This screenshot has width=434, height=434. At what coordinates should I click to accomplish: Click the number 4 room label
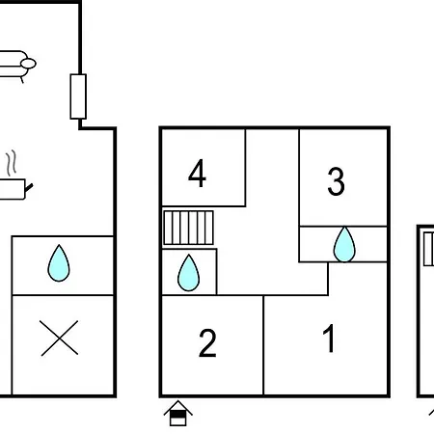coord(197,174)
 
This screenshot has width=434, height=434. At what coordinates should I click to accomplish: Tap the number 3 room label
coord(336,181)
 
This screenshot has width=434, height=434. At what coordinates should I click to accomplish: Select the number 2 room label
coord(207,343)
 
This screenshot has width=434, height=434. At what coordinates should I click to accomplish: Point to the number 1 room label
coord(329,339)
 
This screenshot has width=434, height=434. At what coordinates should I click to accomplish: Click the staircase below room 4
coord(188,228)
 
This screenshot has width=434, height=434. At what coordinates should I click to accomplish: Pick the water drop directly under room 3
coord(344,244)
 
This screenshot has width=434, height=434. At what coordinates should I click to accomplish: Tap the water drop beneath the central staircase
coord(189,273)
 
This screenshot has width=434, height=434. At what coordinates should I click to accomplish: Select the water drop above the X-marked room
coord(59,263)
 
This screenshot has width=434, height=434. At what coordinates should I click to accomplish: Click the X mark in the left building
coord(60,338)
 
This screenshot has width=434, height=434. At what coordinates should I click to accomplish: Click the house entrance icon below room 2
coord(178,414)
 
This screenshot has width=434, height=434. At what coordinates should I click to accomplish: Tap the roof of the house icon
coord(178,406)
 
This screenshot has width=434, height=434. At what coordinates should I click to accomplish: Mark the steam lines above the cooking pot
coord(12,163)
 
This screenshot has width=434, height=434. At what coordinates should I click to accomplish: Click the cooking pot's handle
coord(29,187)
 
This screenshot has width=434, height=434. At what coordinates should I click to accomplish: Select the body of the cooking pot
coord(13,189)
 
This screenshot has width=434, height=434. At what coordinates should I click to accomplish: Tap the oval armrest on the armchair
coord(28,64)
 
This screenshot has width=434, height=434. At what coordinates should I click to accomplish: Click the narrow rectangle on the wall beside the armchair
coord(78,96)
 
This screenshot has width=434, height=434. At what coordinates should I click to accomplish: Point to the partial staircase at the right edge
coord(428,249)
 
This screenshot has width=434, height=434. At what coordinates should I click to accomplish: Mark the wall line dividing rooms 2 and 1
coord(263,345)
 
